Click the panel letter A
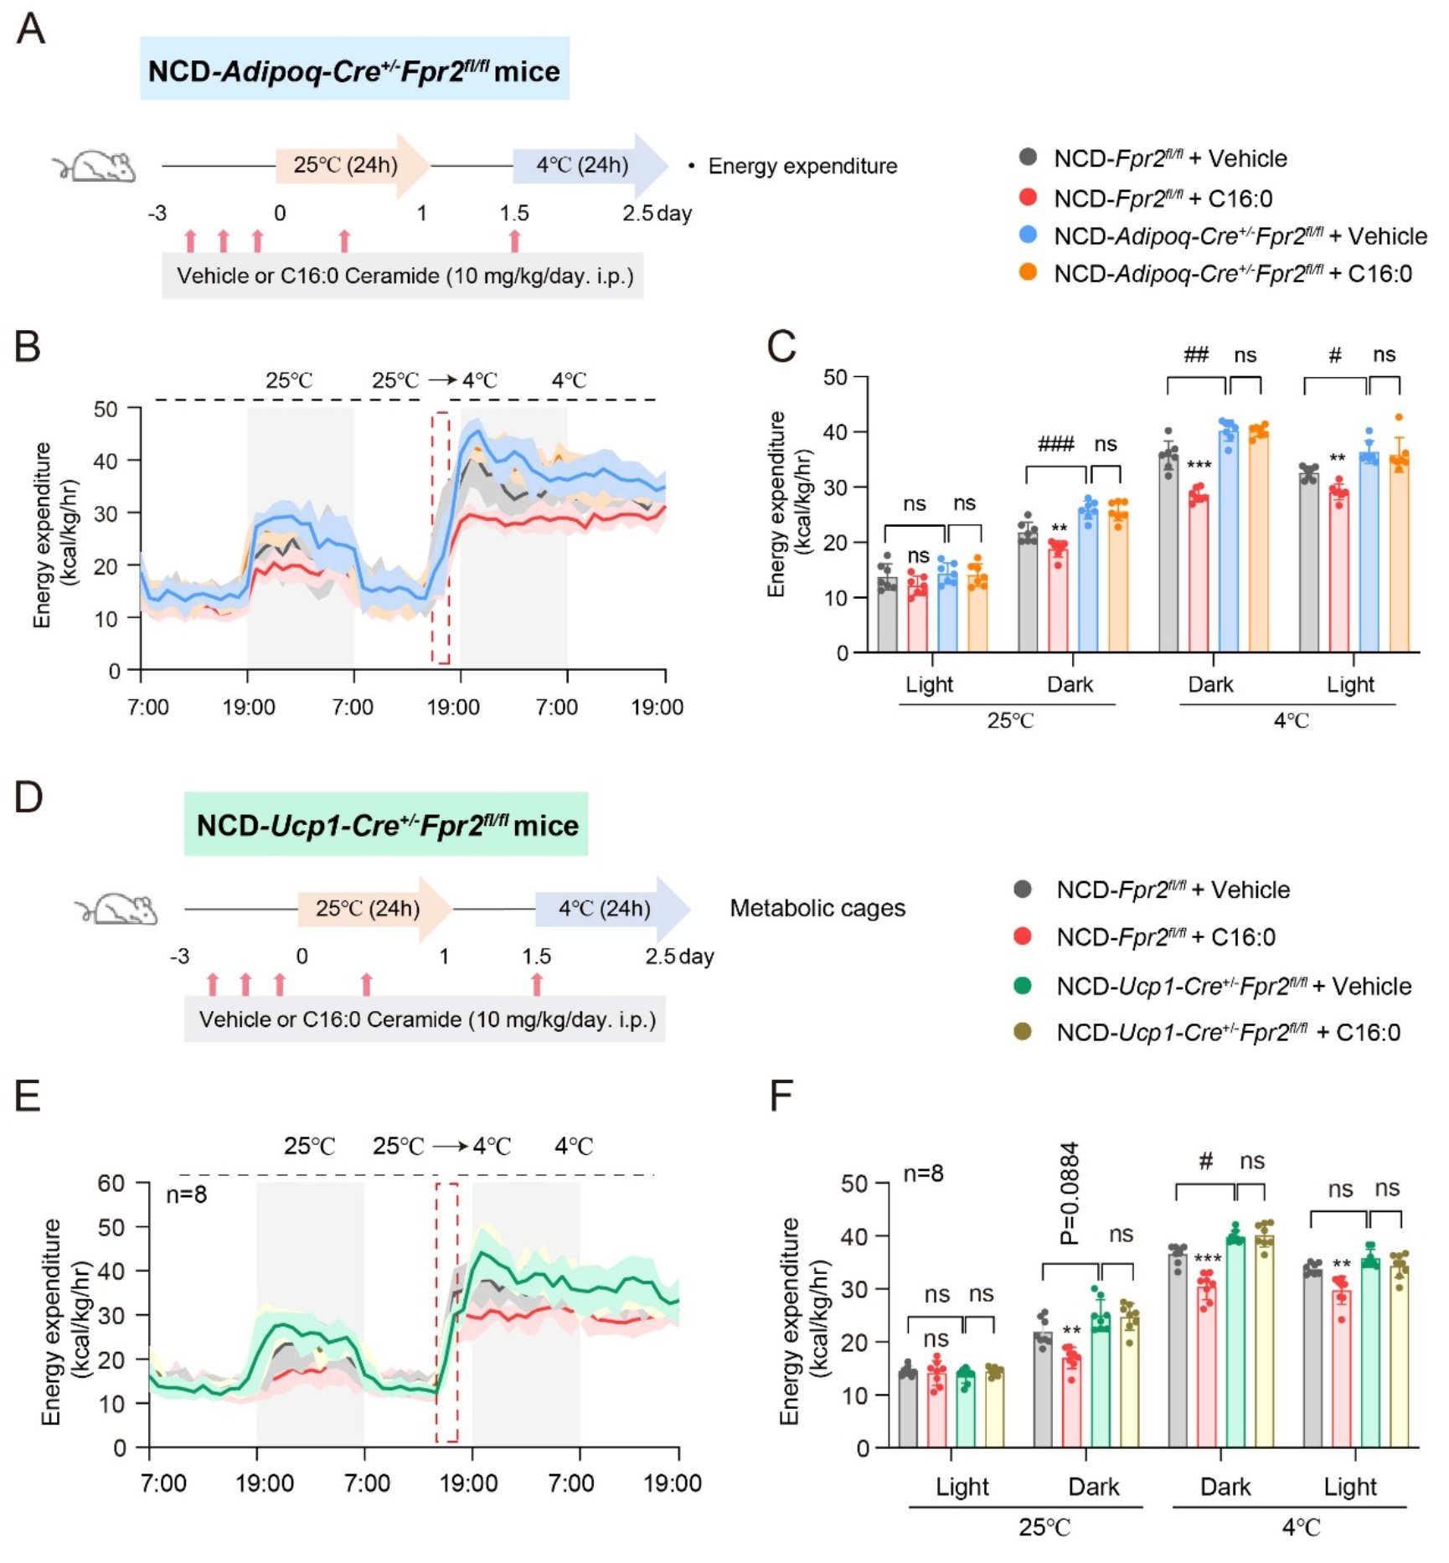coord(31,29)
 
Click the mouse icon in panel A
coord(95,166)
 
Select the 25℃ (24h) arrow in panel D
coord(374,909)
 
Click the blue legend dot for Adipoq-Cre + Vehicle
coord(1028,235)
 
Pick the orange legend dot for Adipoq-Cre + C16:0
coord(1028,272)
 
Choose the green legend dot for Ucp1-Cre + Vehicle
coord(1023,985)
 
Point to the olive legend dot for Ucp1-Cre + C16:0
coord(1023,1031)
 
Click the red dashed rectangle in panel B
coord(441,537)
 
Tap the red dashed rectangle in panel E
coord(446,1313)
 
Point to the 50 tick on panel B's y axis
coord(106,409)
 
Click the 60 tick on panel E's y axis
coord(111,1184)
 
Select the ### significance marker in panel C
coord(1055,444)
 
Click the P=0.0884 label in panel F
coord(1070,1194)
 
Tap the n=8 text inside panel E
coord(186,1194)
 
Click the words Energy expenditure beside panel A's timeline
coord(802,166)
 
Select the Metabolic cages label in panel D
coord(817,908)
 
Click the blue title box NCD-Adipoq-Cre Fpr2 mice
coord(354,69)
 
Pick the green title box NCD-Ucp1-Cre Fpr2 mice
coord(386,824)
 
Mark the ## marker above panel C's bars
coord(1195,354)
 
